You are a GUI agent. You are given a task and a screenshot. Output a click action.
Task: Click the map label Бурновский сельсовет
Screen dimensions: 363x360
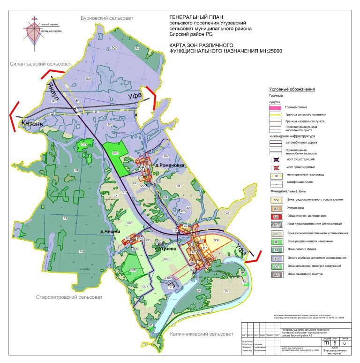coord(107,18)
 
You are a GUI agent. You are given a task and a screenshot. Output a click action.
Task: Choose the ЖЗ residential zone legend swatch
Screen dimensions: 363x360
coord(276,208)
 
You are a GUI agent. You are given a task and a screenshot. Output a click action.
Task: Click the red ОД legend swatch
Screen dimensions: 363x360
coord(276,217)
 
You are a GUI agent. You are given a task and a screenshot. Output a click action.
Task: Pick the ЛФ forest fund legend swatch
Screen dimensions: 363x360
coord(276,249)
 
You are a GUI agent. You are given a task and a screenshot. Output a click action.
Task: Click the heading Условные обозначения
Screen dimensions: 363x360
coord(291,89)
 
